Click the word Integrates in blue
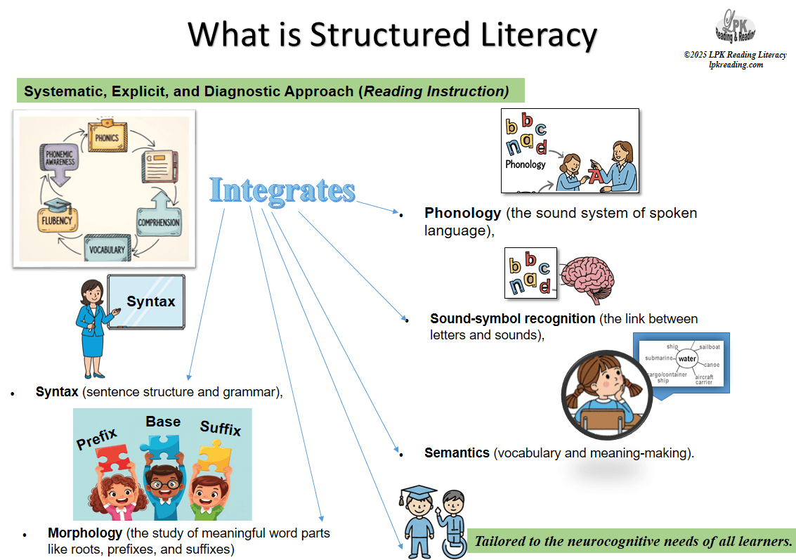282,190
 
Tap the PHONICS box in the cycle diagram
107,137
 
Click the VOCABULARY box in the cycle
107,249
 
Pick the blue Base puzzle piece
163,446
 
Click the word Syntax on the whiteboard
150,301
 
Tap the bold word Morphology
85,533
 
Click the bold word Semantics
457,453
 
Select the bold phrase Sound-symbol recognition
502,318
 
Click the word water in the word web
686,359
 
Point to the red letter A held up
596,176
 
